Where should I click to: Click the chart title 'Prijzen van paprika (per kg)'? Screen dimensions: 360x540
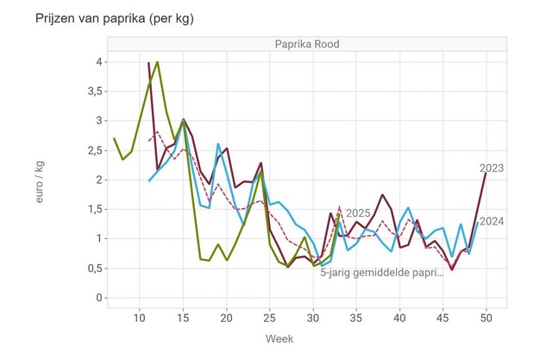[108, 17]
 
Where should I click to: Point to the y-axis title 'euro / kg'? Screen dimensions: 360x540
[41, 180]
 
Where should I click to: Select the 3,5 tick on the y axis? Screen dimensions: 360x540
[98, 91]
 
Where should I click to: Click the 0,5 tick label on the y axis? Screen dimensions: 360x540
[98, 268]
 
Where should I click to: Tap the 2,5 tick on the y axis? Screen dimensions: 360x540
[98, 150]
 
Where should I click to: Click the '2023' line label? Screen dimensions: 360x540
[493, 168]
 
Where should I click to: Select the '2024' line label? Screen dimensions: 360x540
[493, 221]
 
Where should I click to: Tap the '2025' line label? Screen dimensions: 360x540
[359, 214]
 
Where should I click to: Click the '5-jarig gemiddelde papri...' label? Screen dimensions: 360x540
[382, 273]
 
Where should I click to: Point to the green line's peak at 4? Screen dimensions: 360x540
[157, 62]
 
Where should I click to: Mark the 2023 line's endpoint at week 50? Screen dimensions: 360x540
[486, 173]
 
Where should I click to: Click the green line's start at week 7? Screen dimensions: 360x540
[114, 138]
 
